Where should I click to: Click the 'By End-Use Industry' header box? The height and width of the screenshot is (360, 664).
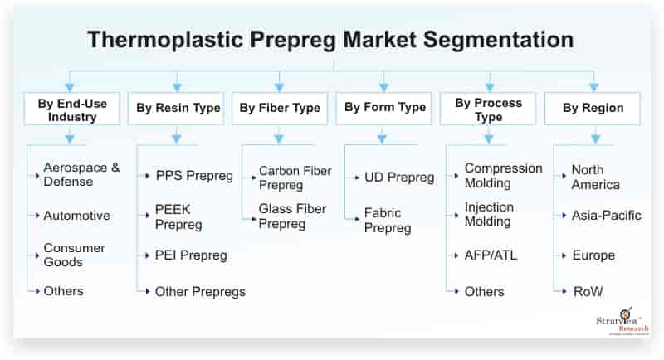[71, 109]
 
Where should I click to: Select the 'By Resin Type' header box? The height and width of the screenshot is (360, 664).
[176, 108]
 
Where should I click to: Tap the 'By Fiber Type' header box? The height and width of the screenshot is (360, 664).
[280, 108]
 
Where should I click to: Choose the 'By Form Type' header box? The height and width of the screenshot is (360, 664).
[383, 108]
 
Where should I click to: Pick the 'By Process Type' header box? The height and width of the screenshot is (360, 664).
[488, 109]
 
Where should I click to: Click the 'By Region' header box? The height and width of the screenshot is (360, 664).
[593, 108]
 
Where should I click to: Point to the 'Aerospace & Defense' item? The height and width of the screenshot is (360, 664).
[81, 175]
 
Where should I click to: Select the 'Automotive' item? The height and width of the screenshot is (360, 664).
[76, 216]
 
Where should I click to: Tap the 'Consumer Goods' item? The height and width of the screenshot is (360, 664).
[75, 255]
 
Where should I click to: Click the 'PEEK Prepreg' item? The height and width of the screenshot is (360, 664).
[178, 216]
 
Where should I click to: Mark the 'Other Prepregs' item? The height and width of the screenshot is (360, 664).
[199, 291]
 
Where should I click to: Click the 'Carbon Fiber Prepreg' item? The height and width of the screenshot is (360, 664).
[295, 178]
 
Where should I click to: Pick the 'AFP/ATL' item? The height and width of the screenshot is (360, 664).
[491, 255]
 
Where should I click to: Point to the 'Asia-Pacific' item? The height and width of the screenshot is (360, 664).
[606, 216]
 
